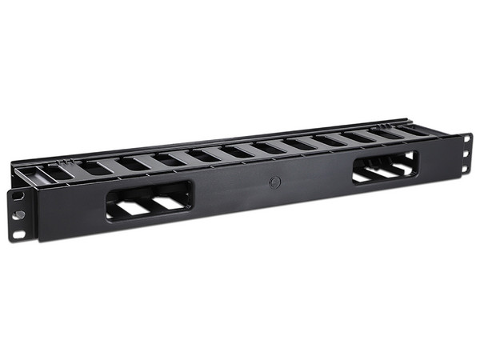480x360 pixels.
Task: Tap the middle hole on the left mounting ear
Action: pyautogui.click(x=16, y=214)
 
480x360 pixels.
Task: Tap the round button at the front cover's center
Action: pyautogui.click(x=274, y=182)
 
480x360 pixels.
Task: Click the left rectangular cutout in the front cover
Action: pyautogui.click(x=150, y=200)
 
